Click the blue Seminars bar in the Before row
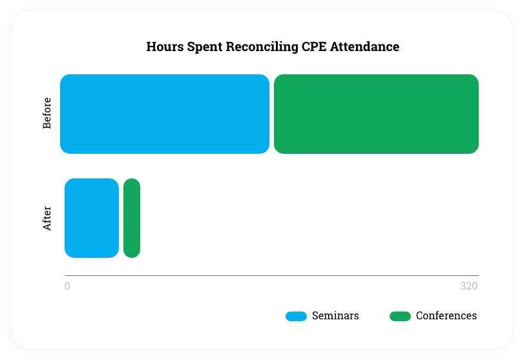click(165, 114)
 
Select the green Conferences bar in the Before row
click(376, 114)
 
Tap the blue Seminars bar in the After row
click(92, 218)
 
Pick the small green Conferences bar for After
click(132, 218)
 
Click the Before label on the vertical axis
click(47, 113)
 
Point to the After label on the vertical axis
click(47, 218)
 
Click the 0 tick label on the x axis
click(67, 286)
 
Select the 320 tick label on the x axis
click(469, 286)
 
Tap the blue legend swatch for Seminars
click(296, 316)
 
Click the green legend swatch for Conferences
click(400, 316)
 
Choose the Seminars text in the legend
click(335, 315)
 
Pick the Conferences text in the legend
click(446, 315)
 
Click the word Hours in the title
click(165, 47)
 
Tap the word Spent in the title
click(205, 47)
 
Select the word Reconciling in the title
click(262, 47)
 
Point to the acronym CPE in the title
click(314, 47)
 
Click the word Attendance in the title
click(364, 47)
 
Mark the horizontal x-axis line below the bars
click(271, 276)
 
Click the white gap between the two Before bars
click(271, 114)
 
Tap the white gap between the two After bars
click(121, 218)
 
